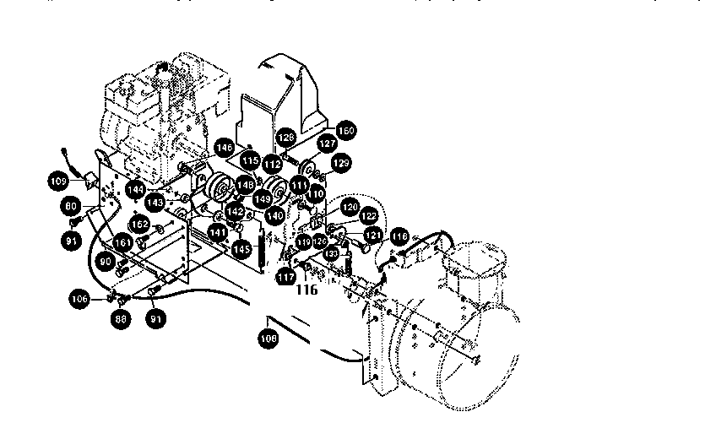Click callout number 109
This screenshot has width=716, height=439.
tap(58, 181)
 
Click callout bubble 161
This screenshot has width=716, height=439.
tap(123, 242)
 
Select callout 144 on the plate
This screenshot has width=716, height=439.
tap(136, 191)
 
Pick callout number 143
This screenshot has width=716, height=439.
tap(155, 203)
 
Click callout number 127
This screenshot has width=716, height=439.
tap(303, 144)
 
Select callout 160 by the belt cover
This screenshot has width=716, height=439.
tap(345, 131)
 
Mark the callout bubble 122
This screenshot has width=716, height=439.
tap(368, 216)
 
